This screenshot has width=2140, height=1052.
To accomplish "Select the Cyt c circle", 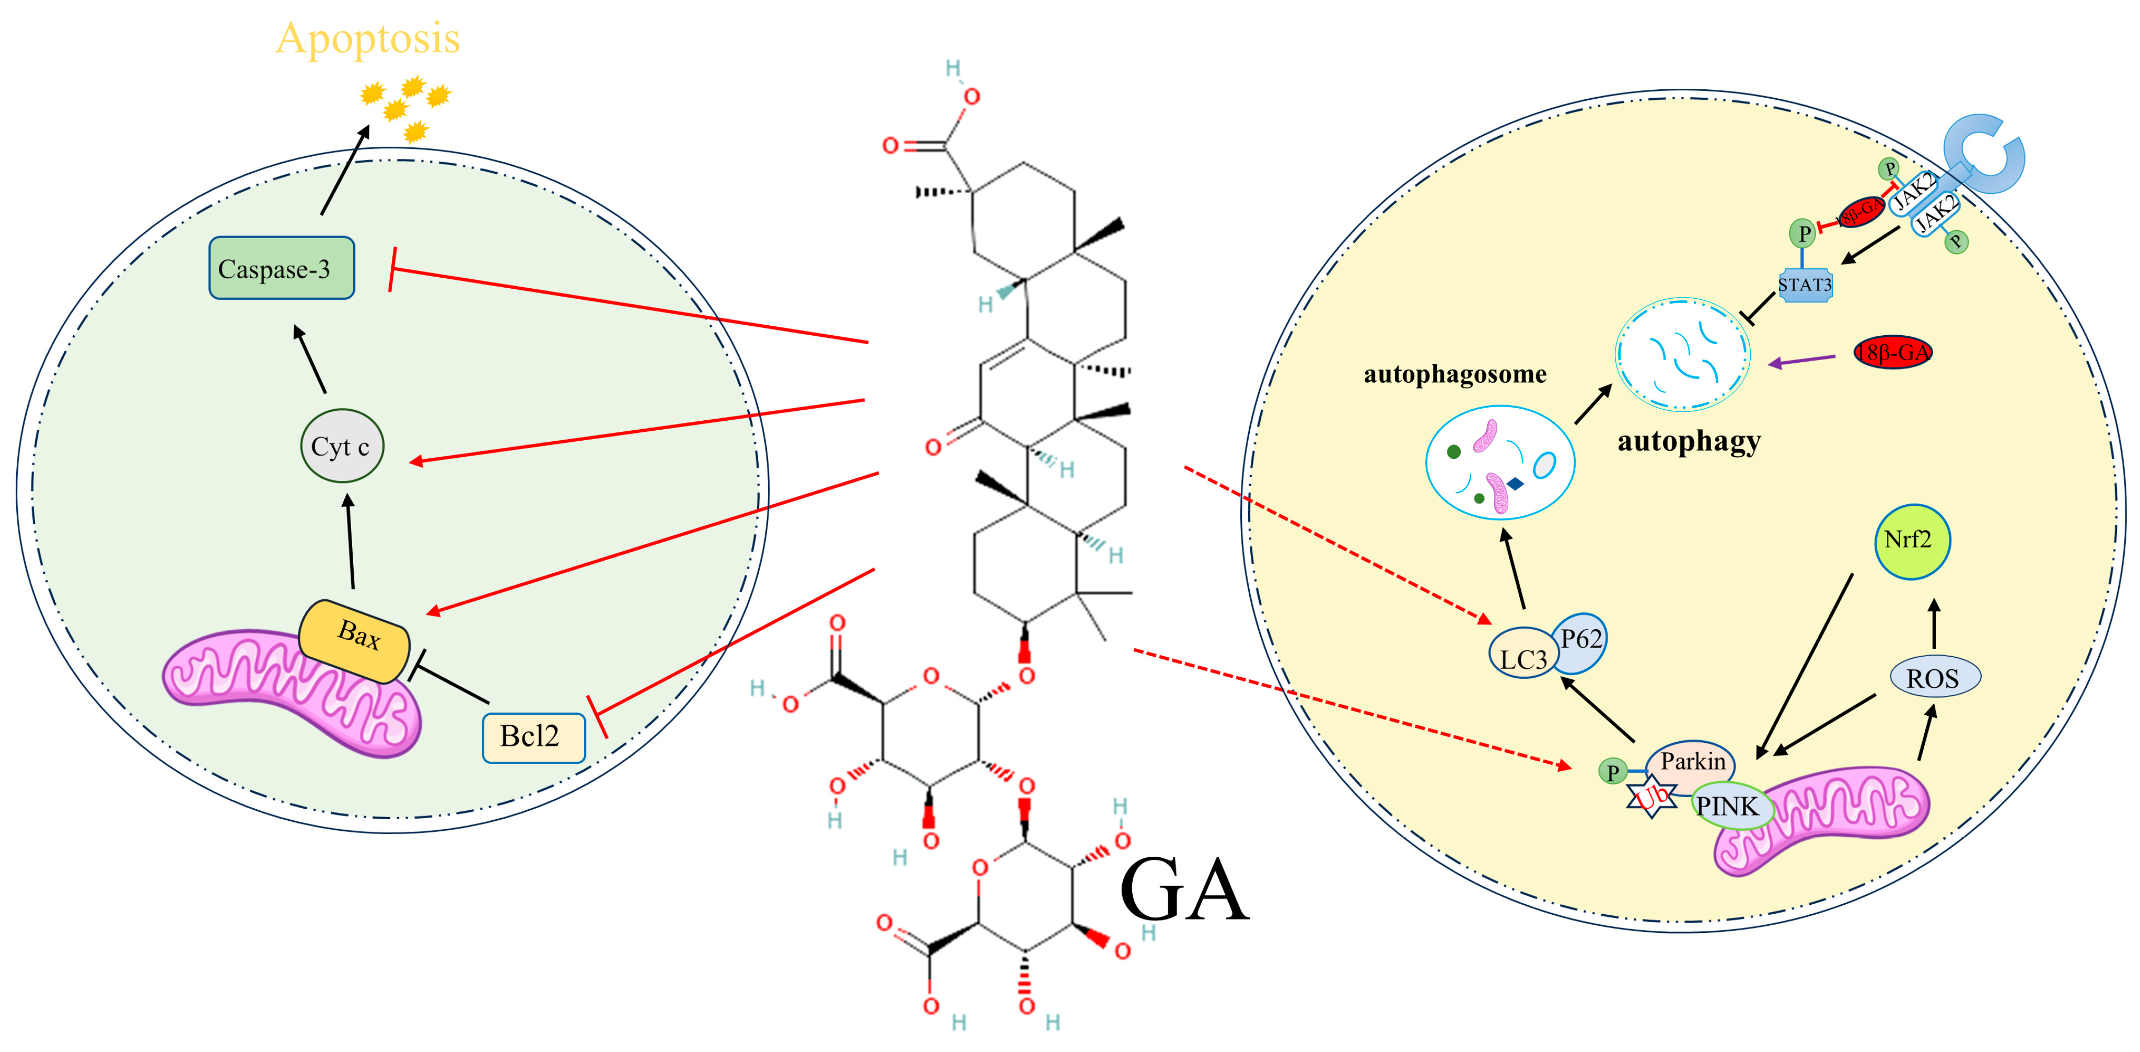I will coord(342,446).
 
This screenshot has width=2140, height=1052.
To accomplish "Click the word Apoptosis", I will coord(367,39).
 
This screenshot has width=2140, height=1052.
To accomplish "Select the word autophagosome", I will coord(1455,374).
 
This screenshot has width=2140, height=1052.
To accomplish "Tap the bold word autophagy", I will coord(1688,440).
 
